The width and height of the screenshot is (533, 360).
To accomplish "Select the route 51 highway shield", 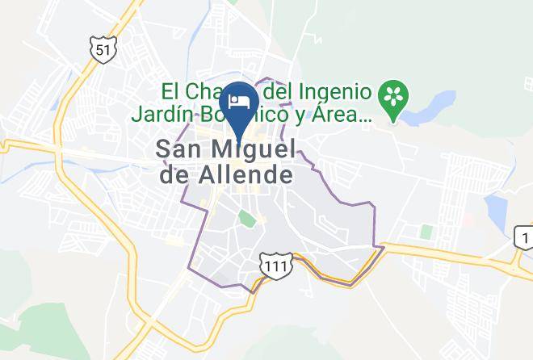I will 102,49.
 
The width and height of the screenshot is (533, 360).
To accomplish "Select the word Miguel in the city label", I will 252,149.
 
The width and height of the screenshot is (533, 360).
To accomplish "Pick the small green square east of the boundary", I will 426,232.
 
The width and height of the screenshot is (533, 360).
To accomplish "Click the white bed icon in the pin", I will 239,101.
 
